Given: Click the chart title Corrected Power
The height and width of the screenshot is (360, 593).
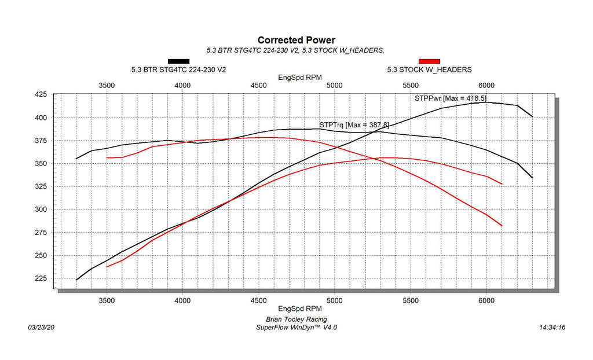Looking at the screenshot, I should [296, 40].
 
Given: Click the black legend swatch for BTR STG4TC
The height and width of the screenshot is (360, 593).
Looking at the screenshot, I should [178, 61].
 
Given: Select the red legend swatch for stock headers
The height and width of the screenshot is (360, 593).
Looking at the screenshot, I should [429, 61].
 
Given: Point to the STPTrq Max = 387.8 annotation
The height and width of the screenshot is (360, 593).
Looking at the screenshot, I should [354, 124].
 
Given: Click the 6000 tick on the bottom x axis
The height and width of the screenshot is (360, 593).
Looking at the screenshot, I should [486, 300].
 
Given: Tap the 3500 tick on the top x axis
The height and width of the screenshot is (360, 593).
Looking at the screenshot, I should [107, 85].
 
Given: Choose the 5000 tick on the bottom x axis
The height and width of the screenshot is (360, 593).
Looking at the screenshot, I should [335, 300].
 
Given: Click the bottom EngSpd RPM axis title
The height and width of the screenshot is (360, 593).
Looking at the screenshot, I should [300, 308].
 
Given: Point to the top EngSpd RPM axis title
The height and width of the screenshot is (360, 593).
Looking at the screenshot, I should [300, 77].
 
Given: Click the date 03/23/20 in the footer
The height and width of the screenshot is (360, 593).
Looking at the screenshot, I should [41, 328].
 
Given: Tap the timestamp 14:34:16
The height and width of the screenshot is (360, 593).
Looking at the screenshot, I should [551, 328].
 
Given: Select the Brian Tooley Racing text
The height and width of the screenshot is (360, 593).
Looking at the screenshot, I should [296, 319].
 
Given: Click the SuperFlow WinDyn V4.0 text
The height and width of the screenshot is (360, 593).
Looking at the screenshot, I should [296, 328].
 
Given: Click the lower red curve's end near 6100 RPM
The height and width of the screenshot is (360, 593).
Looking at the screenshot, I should [502, 226].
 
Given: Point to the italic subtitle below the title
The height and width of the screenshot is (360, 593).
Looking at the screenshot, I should [295, 50].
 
